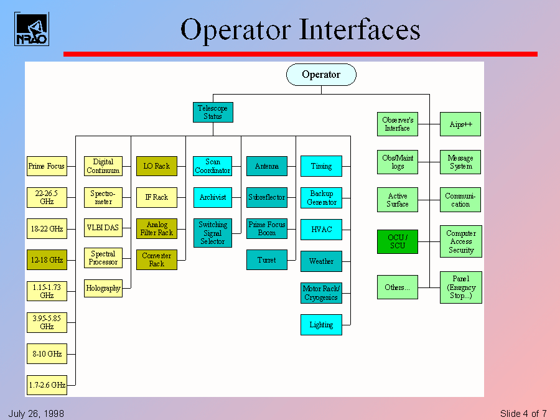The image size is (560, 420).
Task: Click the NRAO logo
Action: [31, 29]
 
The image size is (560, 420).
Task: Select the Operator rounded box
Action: [321, 75]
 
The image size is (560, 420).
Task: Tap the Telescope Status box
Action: [212, 112]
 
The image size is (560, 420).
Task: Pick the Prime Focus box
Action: [47, 166]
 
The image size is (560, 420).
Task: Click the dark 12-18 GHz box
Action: [47, 259]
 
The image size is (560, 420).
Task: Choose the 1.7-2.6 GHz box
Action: [47, 385]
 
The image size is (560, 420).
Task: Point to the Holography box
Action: [103, 288]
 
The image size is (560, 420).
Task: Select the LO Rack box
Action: [157, 166]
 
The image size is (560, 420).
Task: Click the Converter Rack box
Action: [157, 259]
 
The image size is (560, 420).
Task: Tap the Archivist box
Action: [213, 197]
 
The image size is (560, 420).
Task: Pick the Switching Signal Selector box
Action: [213, 233]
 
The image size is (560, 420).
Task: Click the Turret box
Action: [267, 259]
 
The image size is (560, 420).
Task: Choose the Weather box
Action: [321, 261]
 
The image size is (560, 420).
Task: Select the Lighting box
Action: [321, 325]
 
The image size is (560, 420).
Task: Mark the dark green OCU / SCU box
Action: [398, 241]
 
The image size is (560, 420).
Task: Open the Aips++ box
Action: [460, 124]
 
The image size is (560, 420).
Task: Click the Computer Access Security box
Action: [460, 241]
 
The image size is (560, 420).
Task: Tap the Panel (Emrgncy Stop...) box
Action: [460, 287]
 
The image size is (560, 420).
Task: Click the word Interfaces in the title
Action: [360, 30]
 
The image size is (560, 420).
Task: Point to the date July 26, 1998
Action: [36, 414]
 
